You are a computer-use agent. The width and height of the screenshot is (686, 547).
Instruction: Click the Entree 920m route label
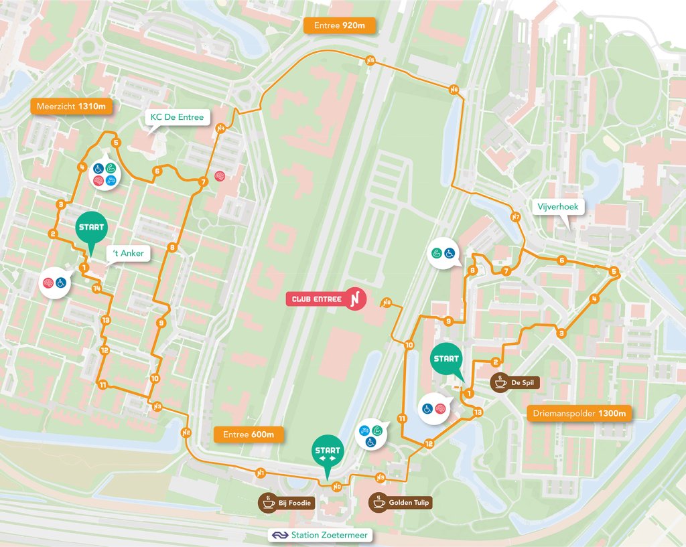340,26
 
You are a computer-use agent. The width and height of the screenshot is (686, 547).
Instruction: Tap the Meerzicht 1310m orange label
72,106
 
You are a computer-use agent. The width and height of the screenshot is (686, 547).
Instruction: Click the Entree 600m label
249,435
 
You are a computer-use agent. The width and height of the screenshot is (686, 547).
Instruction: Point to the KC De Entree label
176,117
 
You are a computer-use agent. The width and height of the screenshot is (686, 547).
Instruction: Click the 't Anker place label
128,253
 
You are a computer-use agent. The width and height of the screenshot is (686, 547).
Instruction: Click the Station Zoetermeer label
320,536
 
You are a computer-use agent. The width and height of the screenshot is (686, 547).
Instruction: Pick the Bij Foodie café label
288,502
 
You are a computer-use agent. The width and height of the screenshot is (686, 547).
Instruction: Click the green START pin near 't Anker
91,228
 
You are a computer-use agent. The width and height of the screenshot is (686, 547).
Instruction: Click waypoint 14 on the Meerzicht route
97,289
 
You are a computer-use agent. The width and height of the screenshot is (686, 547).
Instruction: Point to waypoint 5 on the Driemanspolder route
614,271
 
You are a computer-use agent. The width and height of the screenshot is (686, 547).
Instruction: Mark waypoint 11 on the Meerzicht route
102,384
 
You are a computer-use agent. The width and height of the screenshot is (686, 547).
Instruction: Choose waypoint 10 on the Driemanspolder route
409,345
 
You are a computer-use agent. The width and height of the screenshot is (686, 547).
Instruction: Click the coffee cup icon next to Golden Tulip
379,502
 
